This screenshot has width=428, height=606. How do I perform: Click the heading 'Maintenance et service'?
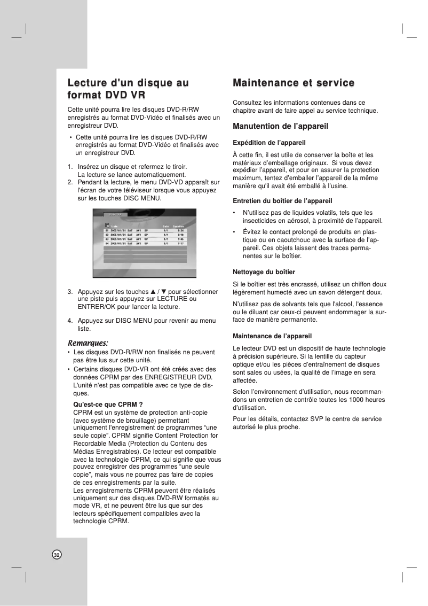click(x=294, y=83)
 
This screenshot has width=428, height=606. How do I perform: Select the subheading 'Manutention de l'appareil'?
click(x=280, y=127)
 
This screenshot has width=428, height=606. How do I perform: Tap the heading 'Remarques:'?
click(x=88, y=342)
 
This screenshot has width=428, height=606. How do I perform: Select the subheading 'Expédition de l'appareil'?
click(x=269, y=143)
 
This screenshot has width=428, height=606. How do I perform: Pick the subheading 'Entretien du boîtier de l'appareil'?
click(x=283, y=201)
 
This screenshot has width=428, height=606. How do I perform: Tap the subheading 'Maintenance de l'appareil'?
click(x=272, y=336)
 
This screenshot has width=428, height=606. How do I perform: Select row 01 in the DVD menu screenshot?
click(x=144, y=230)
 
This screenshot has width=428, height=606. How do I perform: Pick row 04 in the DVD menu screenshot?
click(x=144, y=243)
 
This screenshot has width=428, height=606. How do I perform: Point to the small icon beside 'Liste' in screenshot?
click(x=107, y=225)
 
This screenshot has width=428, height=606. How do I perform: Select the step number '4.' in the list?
click(x=70, y=321)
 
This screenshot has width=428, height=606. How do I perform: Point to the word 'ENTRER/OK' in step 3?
click(x=97, y=307)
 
